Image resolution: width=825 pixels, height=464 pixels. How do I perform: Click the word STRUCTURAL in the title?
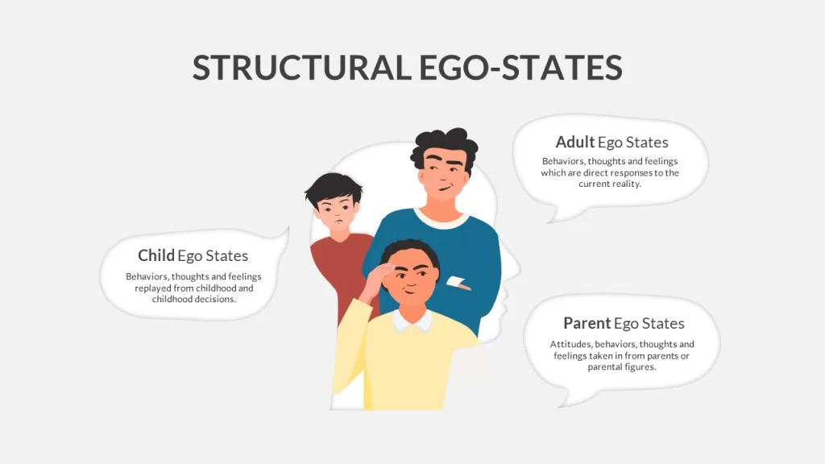[302, 68]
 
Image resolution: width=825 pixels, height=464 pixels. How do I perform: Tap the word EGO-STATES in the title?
[521, 68]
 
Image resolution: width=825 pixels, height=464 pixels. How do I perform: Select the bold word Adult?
[575, 142]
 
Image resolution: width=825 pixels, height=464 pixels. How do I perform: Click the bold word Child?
[155, 255]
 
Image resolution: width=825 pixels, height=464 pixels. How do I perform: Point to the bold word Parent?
[587, 323]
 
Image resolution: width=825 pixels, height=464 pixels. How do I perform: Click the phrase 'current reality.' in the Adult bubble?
[610, 184]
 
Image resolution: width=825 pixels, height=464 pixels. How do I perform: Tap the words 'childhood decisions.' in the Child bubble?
[193, 300]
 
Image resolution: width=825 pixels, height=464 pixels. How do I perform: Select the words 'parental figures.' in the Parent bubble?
[622, 367]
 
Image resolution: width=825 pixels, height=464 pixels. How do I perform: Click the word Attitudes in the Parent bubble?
[570, 344]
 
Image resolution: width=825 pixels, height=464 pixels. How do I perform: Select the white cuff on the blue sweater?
[457, 282]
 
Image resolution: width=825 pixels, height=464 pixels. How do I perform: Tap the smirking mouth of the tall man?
[445, 188]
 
